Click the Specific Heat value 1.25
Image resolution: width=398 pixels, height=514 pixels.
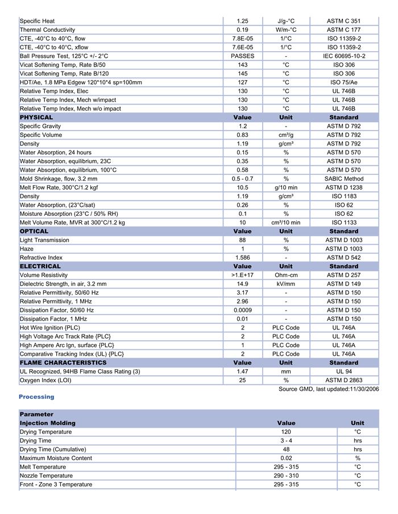click(242, 21)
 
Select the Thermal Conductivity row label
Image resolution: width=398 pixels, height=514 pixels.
click(47, 30)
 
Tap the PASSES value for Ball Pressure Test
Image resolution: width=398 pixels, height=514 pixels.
click(242, 56)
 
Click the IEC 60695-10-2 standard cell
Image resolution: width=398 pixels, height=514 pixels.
click(343, 56)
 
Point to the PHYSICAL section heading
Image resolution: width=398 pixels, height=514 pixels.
click(36, 118)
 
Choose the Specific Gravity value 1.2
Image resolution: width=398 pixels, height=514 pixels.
click(242, 126)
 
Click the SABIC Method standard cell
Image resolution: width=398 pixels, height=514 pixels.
click(343, 179)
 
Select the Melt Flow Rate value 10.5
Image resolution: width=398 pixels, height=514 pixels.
click(242, 187)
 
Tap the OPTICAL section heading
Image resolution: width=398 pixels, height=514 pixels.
click(34, 231)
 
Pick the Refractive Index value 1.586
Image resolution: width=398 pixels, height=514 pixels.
click(242, 257)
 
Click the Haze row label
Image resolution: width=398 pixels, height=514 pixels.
click(27, 249)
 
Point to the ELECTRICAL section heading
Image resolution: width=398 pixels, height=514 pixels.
click(40, 266)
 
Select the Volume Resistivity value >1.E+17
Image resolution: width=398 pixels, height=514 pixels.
click(242, 275)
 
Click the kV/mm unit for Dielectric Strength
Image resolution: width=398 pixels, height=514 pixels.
click(286, 284)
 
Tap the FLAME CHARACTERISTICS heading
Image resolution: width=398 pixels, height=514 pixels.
click(63, 362)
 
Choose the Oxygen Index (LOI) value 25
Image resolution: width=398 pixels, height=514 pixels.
click(242, 380)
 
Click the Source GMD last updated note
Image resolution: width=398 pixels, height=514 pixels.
click(328, 389)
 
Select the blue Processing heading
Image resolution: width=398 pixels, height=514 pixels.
click(36, 397)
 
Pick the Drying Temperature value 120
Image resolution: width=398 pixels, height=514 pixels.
click(286, 432)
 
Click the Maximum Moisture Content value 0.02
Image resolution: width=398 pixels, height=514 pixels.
click(286, 458)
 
